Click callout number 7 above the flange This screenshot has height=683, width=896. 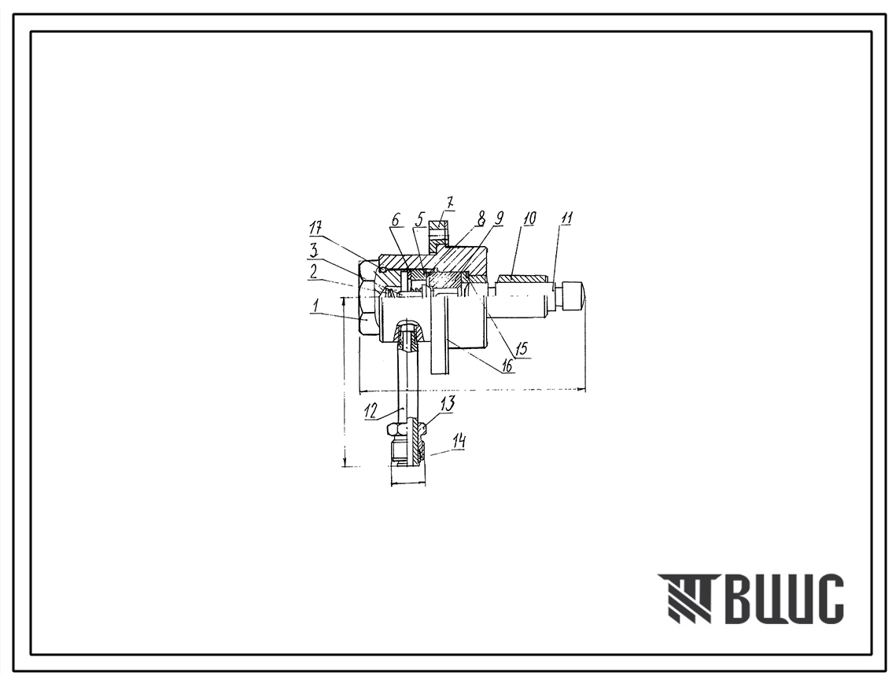[x=449, y=203]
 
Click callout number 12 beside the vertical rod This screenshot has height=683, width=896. [x=371, y=411]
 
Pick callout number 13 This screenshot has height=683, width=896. [x=448, y=404]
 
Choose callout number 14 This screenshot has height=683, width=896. [x=459, y=442]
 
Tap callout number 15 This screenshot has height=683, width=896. [x=522, y=348]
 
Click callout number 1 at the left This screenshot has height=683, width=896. [x=315, y=307]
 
